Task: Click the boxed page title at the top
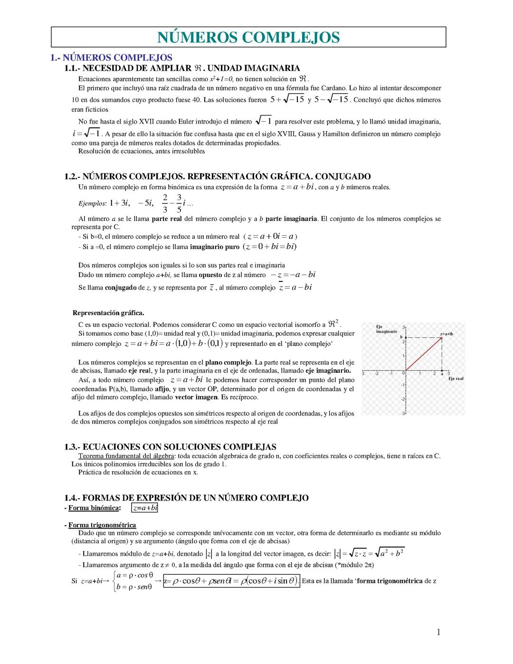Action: pos(248,37)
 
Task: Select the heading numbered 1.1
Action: pos(182,68)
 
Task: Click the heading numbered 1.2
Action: pos(218,176)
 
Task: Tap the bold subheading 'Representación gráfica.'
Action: pos(108,313)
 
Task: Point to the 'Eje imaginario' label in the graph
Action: pos(383,329)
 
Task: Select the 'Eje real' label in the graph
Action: pos(456,379)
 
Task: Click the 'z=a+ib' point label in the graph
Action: pos(446,334)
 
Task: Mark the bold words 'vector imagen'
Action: pos(196,397)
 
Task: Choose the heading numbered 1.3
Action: pos(170,447)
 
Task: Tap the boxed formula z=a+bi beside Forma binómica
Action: pos(145,508)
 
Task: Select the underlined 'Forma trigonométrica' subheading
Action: pos(102,525)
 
